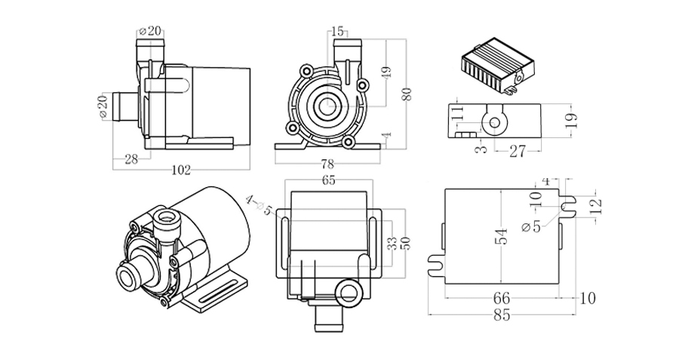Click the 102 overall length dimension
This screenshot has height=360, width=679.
(x=180, y=170)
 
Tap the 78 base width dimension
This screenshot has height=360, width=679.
(x=327, y=165)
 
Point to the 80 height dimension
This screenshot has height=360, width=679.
(x=407, y=94)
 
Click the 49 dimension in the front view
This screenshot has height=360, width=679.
(x=386, y=72)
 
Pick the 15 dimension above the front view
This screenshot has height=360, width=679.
(x=336, y=31)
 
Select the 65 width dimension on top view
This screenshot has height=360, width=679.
(x=328, y=180)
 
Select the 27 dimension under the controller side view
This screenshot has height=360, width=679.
(x=516, y=151)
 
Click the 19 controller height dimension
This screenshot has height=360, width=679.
(x=571, y=119)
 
